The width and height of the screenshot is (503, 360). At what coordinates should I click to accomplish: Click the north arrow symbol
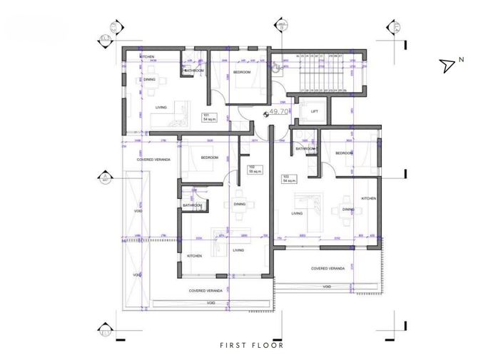(x=448, y=66)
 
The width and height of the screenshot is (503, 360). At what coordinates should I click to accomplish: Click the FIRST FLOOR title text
(x=251, y=345)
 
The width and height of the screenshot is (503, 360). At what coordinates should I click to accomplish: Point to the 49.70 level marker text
(x=278, y=112)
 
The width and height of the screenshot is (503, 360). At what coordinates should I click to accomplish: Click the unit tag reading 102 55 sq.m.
(x=253, y=170)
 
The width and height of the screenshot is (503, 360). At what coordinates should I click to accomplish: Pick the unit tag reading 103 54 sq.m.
(x=289, y=179)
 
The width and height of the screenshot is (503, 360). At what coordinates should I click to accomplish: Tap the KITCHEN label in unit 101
(x=147, y=56)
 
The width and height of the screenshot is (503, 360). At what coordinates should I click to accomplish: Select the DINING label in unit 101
(x=149, y=80)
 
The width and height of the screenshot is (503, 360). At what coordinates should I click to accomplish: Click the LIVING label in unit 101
(x=161, y=108)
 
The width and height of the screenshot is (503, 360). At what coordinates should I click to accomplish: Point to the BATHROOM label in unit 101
(x=194, y=71)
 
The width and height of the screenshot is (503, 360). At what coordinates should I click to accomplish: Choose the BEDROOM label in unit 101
(x=242, y=72)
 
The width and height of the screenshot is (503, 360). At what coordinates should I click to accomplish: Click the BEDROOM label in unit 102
(x=209, y=157)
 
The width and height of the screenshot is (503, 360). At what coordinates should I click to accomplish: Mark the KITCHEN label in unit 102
(x=194, y=255)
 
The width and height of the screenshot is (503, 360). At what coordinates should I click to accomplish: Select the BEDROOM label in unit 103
(x=344, y=153)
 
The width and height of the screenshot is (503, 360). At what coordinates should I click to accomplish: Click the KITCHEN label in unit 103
(x=368, y=198)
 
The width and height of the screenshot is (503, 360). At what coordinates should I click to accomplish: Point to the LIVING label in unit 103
(x=298, y=212)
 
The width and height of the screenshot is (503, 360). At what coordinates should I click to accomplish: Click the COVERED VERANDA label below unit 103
(x=327, y=268)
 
